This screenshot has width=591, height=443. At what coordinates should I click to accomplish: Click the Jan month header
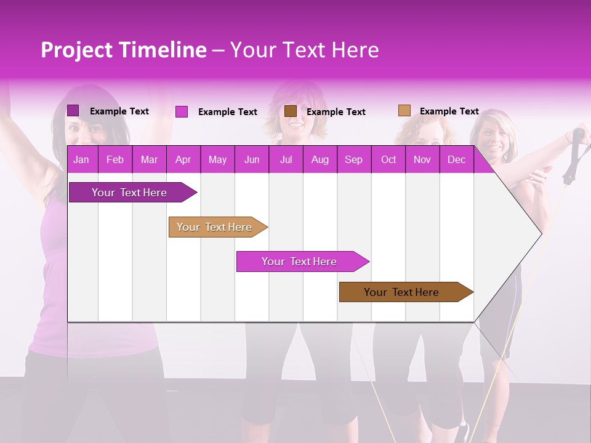[x=81, y=160]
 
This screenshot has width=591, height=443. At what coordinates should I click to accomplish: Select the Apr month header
[x=183, y=160]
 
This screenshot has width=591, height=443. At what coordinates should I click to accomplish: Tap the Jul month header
[x=286, y=160]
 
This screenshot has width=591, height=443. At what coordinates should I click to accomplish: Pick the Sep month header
[x=353, y=160]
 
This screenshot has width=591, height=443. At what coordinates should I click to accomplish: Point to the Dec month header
[x=456, y=160]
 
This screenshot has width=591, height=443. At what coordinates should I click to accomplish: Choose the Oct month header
[x=388, y=160]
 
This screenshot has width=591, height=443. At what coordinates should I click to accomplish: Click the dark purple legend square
[x=73, y=111]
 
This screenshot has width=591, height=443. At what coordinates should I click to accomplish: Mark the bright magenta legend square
[x=182, y=111]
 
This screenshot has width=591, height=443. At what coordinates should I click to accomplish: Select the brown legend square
[x=291, y=111]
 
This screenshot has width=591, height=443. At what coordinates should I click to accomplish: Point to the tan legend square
[x=404, y=111]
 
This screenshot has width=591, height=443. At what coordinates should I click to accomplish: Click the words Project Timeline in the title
[x=123, y=50]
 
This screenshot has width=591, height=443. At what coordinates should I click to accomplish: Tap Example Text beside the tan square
[x=449, y=111]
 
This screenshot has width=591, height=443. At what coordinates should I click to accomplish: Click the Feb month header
[x=115, y=160]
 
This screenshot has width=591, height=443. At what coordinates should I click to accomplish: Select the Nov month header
[x=422, y=160]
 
